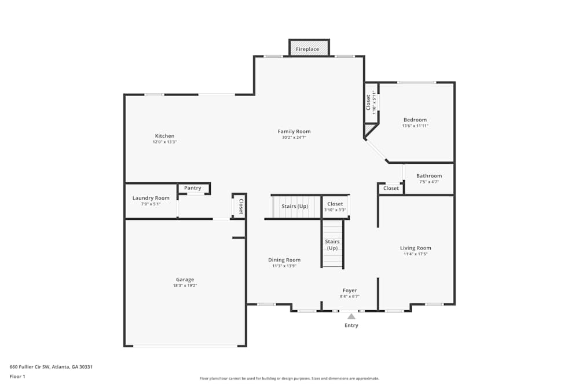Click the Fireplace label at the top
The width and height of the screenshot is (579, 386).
[x=307, y=49]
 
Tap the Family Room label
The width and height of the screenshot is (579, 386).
[x=294, y=131]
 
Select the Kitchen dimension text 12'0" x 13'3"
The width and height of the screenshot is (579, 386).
[x=164, y=142]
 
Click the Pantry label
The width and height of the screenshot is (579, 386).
[x=193, y=188]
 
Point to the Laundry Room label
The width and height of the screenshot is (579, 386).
[x=151, y=198]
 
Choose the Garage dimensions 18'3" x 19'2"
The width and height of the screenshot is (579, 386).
[x=185, y=285]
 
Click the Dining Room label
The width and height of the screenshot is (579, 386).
[x=284, y=260]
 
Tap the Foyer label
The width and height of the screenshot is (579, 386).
[x=350, y=291]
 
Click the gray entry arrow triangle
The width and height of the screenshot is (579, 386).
[x=351, y=316]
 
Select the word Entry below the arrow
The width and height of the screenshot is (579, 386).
[x=351, y=325]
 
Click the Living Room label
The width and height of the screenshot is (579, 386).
[x=416, y=248]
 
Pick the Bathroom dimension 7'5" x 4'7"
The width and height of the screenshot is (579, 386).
[x=429, y=182]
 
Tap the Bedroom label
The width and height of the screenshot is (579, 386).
[x=415, y=120]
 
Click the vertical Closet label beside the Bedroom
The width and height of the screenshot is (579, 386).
[x=368, y=102]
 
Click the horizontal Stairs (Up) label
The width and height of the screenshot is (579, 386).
[x=295, y=206]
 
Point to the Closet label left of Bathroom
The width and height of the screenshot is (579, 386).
[x=391, y=188]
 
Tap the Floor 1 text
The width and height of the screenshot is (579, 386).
[x=17, y=376]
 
